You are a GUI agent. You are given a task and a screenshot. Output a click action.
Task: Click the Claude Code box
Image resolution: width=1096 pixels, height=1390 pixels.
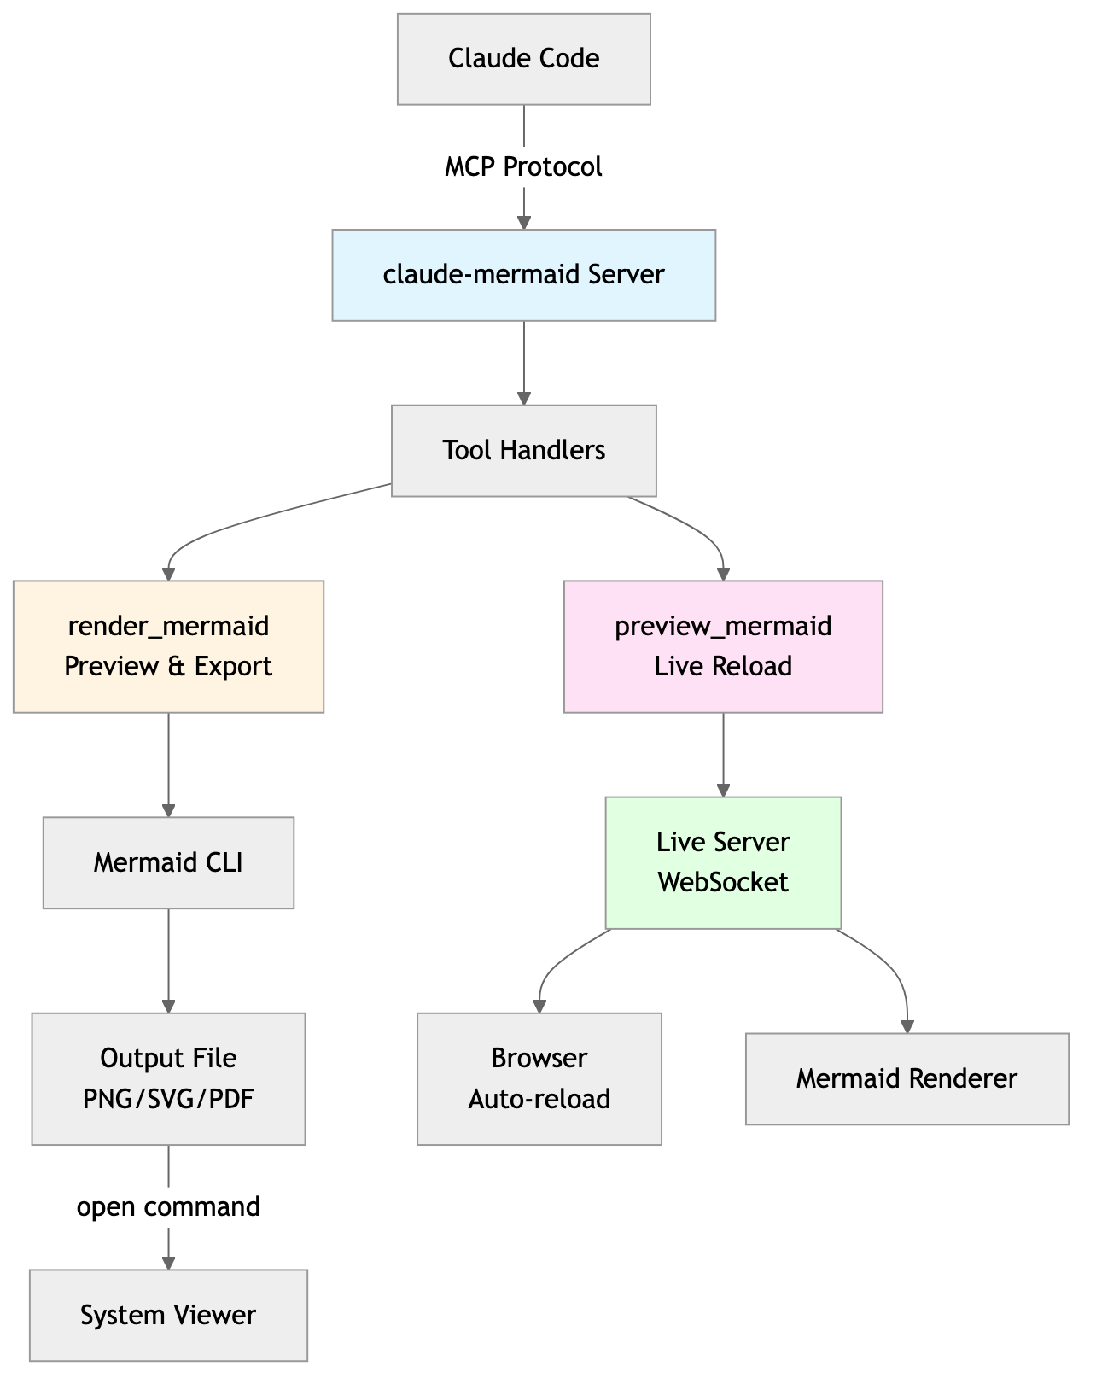(x=523, y=59)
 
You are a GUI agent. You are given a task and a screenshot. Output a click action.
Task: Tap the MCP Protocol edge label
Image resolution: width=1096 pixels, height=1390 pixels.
(x=523, y=166)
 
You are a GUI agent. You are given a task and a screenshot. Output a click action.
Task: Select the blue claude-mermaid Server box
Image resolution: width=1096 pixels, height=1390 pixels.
(x=523, y=275)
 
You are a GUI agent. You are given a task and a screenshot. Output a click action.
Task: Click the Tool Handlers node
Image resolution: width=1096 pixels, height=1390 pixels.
(x=523, y=450)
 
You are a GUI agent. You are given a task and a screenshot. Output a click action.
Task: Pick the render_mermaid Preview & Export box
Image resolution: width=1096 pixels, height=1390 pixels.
(x=168, y=646)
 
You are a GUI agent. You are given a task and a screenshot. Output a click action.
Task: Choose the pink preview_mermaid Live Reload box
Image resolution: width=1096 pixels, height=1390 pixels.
(x=723, y=646)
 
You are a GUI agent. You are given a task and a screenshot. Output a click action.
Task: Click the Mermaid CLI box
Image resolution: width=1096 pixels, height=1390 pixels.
(x=168, y=862)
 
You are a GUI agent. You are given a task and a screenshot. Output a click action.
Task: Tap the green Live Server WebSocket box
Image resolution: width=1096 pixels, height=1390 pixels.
(x=723, y=862)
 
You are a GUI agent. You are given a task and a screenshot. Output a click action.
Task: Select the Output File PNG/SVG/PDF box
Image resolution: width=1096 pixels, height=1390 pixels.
(x=168, y=1078)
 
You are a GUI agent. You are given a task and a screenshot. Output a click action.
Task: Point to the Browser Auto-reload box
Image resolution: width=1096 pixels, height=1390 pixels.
(x=539, y=1078)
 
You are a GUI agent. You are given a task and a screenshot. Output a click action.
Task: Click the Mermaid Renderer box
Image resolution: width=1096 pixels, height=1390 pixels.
(x=907, y=1078)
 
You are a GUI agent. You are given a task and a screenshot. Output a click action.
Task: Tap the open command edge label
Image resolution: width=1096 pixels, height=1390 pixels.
(x=168, y=1206)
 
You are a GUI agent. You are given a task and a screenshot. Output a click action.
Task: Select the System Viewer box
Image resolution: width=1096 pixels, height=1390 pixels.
(x=168, y=1315)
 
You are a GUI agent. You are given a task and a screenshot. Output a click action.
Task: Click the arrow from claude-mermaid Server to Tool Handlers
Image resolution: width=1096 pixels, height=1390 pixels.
(x=524, y=362)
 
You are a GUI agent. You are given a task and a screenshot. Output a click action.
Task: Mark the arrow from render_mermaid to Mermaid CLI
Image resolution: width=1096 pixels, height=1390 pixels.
(x=168, y=764)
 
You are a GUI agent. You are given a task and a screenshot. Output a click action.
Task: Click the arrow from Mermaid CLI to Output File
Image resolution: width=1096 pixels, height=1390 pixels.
(x=168, y=960)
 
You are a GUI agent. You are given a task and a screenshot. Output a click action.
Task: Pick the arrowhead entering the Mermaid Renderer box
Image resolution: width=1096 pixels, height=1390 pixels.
(x=907, y=1026)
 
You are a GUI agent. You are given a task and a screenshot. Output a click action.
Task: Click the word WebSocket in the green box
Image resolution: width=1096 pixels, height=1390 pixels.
(x=723, y=882)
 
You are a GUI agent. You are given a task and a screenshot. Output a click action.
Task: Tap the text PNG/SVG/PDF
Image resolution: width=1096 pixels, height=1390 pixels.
(x=168, y=1099)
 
